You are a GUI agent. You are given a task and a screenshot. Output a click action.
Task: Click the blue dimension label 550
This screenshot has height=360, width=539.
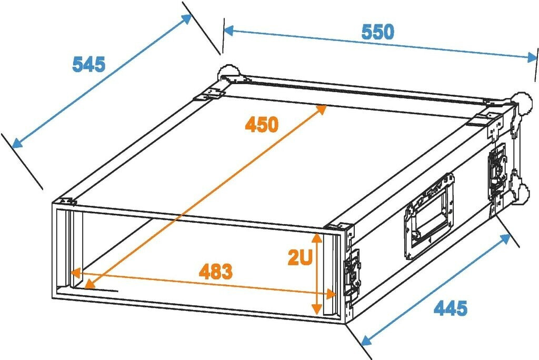377,32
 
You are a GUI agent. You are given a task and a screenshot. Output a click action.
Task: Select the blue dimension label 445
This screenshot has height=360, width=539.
450,308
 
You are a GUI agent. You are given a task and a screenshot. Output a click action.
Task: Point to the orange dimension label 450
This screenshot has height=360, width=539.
261,125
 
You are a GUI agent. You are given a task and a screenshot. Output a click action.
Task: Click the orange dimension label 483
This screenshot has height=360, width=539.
215,272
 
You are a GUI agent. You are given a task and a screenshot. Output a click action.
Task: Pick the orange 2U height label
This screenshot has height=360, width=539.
300,257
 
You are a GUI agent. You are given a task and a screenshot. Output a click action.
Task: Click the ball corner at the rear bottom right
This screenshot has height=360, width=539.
524,193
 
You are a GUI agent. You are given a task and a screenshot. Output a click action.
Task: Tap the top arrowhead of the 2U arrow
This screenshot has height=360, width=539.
316,237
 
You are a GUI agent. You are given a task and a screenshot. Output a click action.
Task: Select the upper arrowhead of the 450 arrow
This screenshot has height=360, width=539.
323,108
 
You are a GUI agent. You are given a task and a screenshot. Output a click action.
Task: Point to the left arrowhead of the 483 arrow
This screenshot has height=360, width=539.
74,273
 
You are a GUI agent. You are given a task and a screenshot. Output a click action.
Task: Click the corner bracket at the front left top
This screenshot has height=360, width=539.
66,202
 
